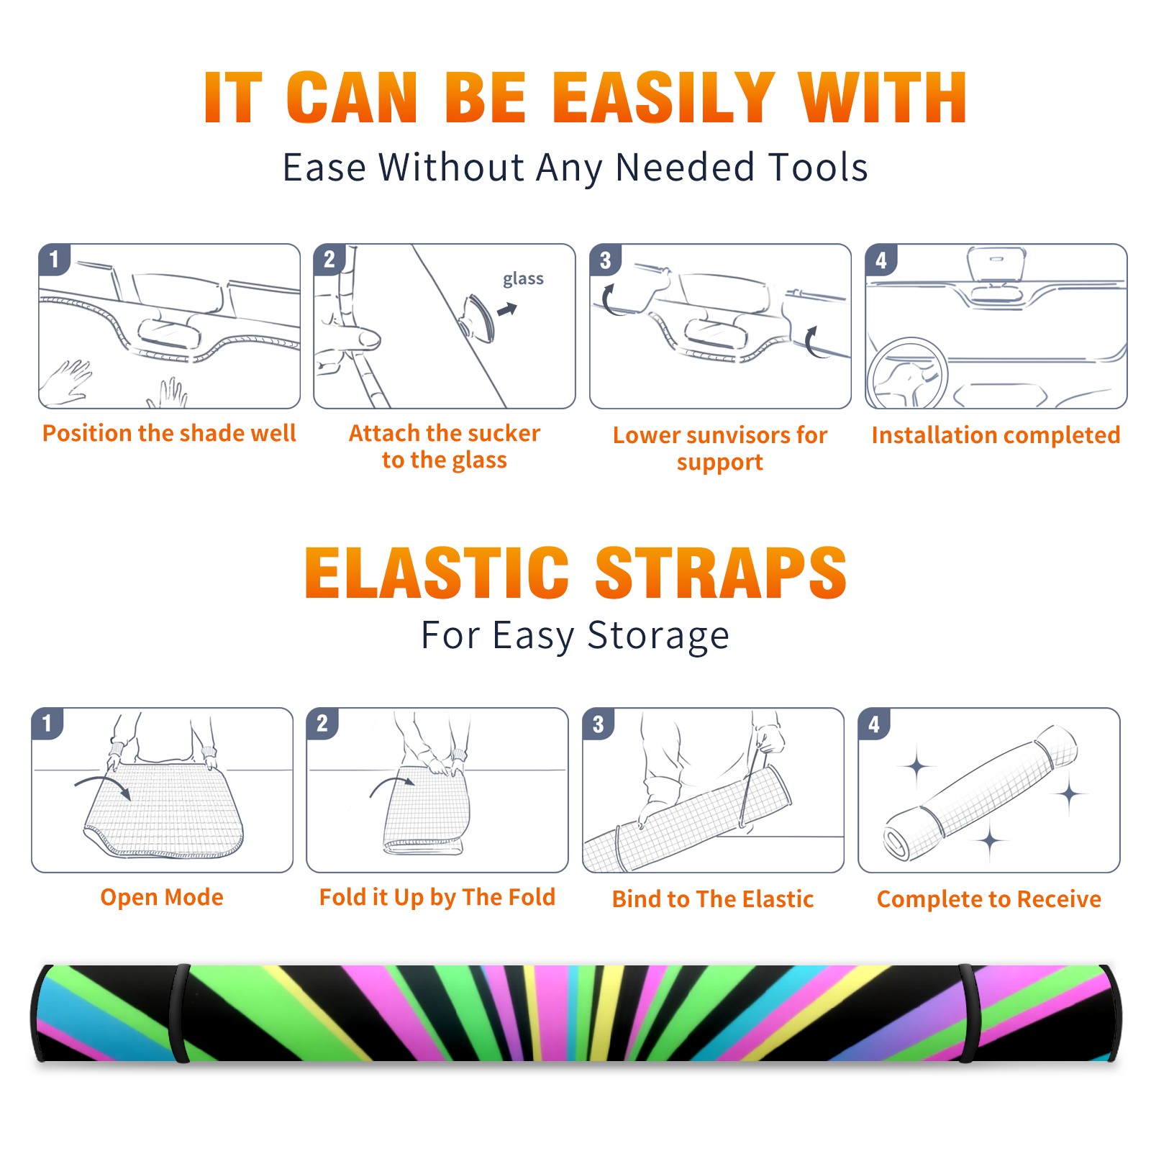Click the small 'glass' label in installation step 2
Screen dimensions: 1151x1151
pyautogui.click(x=523, y=279)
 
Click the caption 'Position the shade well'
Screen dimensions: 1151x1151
pyautogui.click(x=169, y=433)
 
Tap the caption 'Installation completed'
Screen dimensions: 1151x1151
pyautogui.click(x=996, y=435)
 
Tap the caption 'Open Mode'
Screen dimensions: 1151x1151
pyautogui.click(x=162, y=897)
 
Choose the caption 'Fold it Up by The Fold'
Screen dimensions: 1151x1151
pyautogui.click(x=437, y=897)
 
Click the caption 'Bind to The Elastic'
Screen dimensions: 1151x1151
pyautogui.click(x=713, y=898)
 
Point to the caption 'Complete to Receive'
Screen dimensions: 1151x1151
pyautogui.click(x=989, y=899)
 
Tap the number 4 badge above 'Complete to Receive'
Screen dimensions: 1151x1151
pyautogui.click(x=874, y=724)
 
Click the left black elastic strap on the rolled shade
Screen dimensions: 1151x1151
pyautogui.click(x=180, y=1014)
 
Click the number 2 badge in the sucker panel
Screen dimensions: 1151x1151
pyautogui.click(x=329, y=260)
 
